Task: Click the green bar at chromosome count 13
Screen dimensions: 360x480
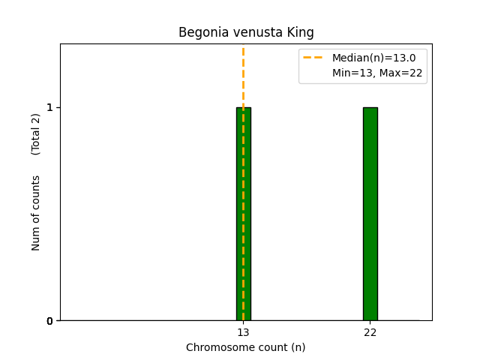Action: tap(243, 214)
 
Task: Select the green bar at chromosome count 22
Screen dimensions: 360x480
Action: tap(370, 214)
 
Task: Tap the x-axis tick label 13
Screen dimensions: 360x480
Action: tap(243, 332)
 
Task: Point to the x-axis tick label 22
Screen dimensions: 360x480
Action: tap(370, 332)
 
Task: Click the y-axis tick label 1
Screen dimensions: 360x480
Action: tap(50, 107)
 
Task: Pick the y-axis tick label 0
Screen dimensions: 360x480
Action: tap(50, 321)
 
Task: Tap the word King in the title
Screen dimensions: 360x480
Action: tap(301, 33)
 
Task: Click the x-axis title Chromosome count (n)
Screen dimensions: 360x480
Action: tap(246, 347)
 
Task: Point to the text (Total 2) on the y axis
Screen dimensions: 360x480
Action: tap(36, 134)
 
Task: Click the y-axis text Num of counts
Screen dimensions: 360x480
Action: tap(36, 213)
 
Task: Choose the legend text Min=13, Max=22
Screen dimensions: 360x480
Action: tap(377, 73)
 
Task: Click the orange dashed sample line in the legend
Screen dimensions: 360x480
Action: tap(313, 58)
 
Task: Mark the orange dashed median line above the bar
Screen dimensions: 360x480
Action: tap(243, 75)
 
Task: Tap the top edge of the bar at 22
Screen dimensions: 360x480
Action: tap(370, 107)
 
